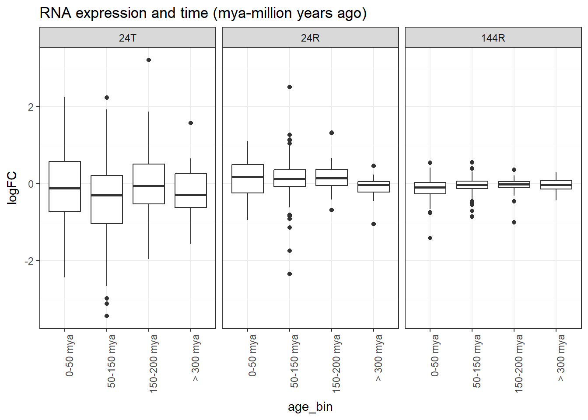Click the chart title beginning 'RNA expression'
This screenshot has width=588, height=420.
(x=203, y=13)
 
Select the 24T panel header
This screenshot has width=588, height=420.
(x=127, y=38)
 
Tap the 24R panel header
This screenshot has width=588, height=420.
(x=310, y=38)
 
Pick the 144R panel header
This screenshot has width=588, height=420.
(x=493, y=38)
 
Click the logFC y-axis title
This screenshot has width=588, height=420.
(x=12, y=188)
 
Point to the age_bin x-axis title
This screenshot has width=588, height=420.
(x=310, y=407)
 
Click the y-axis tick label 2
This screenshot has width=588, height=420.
(x=30, y=107)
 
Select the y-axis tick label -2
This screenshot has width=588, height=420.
(x=29, y=261)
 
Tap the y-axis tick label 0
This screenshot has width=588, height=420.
(x=31, y=184)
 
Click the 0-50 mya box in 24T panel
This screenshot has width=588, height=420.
(x=65, y=186)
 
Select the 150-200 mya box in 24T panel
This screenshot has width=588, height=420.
(x=149, y=184)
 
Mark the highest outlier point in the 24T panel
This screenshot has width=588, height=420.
(x=149, y=60)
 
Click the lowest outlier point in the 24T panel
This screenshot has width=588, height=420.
(x=107, y=316)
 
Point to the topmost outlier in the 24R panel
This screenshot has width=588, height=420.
(x=290, y=87)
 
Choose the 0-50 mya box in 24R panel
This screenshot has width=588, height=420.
(x=248, y=178)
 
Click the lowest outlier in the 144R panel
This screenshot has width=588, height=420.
(x=430, y=238)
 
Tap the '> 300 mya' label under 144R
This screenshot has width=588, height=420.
(x=560, y=357)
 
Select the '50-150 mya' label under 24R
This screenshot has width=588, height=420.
(x=294, y=361)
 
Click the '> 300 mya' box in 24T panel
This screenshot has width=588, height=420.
(x=191, y=190)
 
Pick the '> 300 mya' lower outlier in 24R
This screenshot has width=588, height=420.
(x=374, y=224)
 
